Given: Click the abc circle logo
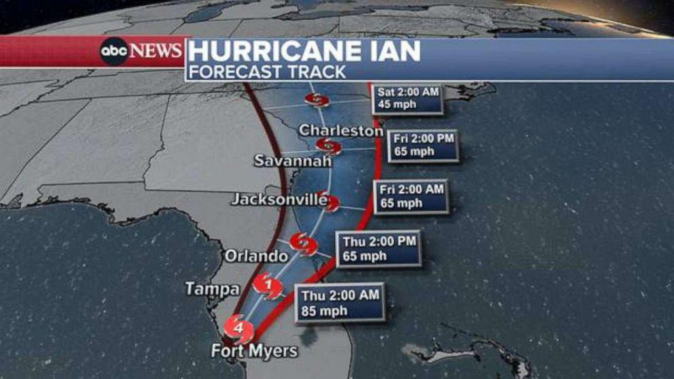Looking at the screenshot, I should [113, 52].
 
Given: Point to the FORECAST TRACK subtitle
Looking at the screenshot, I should [268, 71].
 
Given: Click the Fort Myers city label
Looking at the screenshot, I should [254, 351].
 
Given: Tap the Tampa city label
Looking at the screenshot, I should [212, 289].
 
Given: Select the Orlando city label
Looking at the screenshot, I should [256, 257].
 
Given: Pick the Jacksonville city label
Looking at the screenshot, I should [279, 199].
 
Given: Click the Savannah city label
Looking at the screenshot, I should [293, 161].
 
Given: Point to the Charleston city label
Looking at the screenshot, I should [341, 129].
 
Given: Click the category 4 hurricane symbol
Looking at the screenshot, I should [239, 329].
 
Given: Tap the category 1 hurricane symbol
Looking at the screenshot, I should [268, 286].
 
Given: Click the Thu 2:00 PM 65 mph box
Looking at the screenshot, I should [378, 248].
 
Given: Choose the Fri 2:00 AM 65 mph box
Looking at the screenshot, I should [411, 196].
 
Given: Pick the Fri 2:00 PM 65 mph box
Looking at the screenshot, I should [423, 144].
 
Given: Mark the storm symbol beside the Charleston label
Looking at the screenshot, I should [328, 145].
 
